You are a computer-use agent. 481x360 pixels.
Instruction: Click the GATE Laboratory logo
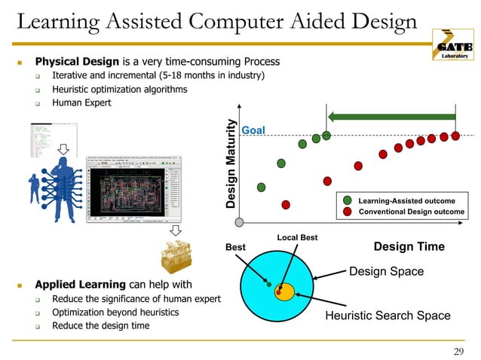(452, 44)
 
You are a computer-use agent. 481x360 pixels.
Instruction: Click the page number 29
(459, 350)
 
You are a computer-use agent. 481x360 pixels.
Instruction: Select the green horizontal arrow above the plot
(392, 117)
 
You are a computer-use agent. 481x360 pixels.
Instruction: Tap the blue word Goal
(252, 130)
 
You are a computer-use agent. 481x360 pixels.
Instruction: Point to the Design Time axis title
(409, 246)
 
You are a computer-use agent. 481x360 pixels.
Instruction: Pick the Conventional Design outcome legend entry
(411, 212)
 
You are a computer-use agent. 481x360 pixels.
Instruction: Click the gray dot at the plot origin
(239, 222)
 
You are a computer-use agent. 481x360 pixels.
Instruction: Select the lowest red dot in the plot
(286, 204)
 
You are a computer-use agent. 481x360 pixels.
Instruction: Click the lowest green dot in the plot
(262, 187)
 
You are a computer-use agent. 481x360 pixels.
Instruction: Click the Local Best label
(297, 238)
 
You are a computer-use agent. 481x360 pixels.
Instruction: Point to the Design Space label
(386, 271)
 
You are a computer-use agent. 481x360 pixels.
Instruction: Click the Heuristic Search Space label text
(388, 316)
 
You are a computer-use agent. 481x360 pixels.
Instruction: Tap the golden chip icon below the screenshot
(174, 256)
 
